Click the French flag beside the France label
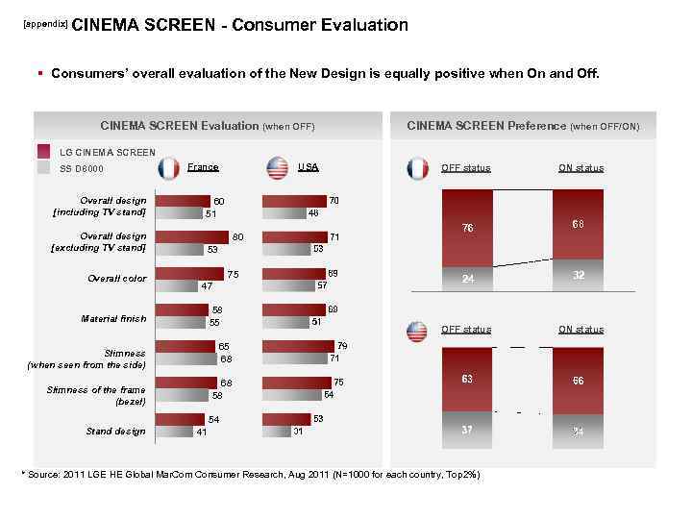pyautogui.click(x=169, y=168)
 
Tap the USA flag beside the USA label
pyautogui.click(x=278, y=168)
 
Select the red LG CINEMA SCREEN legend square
pyautogui.click(x=43, y=152)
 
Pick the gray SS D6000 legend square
pyautogui.click(x=43, y=168)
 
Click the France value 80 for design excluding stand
pyautogui.click(x=238, y=236)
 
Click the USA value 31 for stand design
pyautogui.click(x=298, y=432)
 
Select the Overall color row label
pyautogui.click(x=116, y=279)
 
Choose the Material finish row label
pyautogui.click(x=114, y=319)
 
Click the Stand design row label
pyautogui.click(x=115, y=432)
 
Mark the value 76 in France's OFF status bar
pyautogui.click(x=466, y=228)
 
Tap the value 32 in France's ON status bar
pyautogui.click(x=578, y=274)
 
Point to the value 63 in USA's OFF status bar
pyautogui.click(x=466, y=379)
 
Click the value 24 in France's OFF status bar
pyautogui.click(x=466, y=280)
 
